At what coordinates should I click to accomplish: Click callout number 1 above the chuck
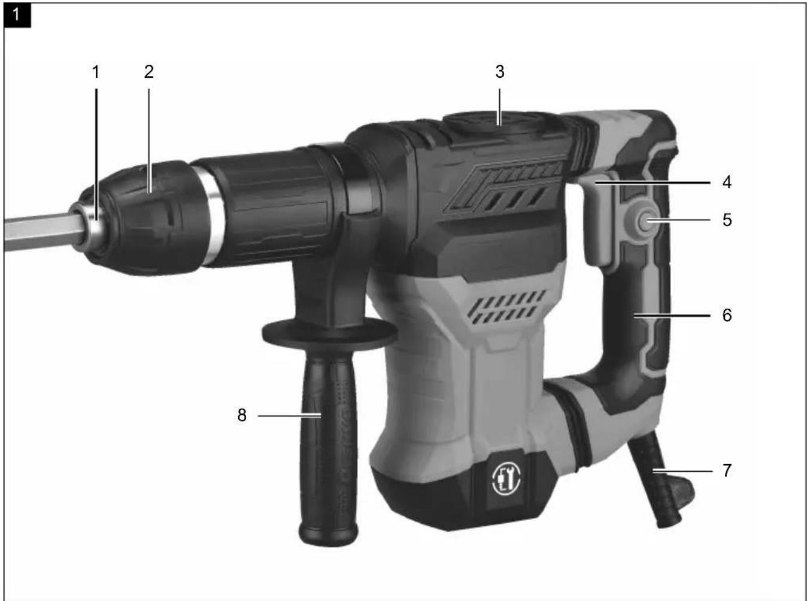96,72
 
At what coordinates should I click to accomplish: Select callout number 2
149,72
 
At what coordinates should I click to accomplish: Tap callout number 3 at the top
499,72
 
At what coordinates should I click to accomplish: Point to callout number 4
727,182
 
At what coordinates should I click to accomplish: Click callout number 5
727,220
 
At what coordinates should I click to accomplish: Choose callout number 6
727,315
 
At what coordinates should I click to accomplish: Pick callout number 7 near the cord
727,471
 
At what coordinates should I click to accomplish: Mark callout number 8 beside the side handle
242,415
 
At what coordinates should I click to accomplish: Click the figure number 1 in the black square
16,15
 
